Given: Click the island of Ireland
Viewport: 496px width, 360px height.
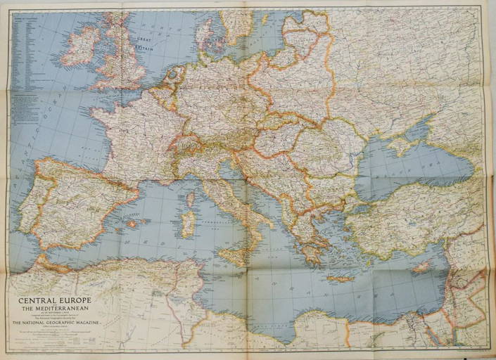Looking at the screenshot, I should click(81, 48).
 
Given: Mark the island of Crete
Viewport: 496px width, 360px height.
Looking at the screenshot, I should click(338, 278).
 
